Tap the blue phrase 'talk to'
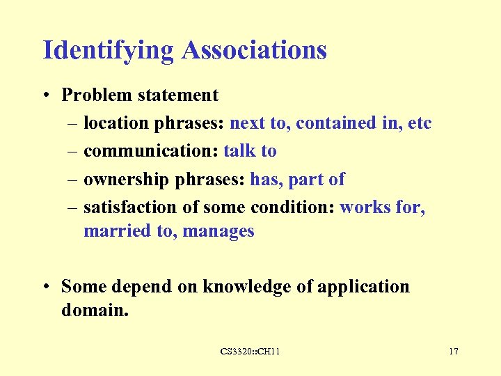[250, 151]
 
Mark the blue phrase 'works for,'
[382, 207]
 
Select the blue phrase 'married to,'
[130, 230]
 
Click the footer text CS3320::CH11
[250, 352]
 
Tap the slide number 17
[454, 352]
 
